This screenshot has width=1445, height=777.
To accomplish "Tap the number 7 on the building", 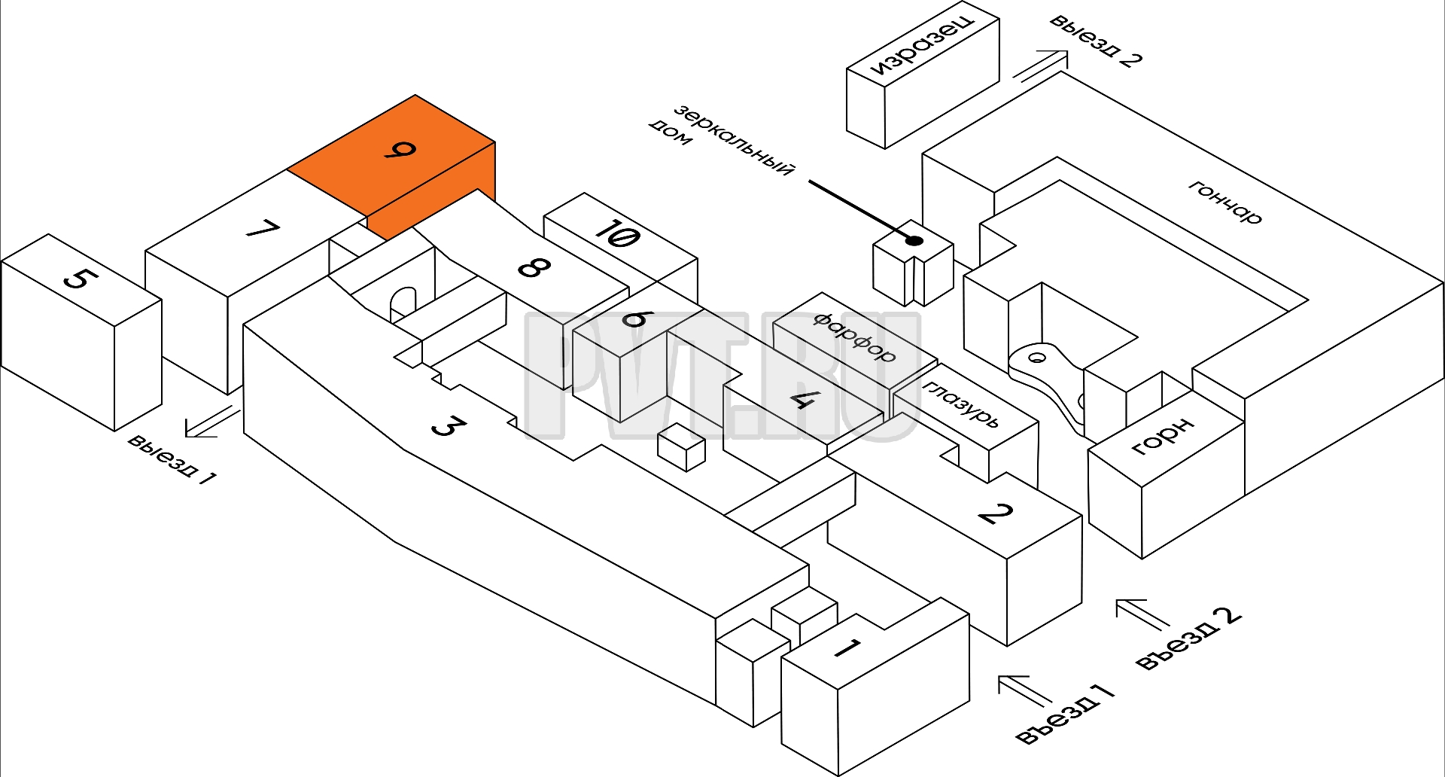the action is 263,229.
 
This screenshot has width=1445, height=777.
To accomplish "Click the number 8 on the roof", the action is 534,267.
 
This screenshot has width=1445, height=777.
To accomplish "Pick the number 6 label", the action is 634,318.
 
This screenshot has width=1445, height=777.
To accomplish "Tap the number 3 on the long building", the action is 448,427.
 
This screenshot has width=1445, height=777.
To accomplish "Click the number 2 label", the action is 995,513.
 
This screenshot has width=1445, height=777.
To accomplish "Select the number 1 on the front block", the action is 847,647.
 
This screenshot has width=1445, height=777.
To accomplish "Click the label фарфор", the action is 854,337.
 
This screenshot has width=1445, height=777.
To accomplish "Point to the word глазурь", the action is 961,404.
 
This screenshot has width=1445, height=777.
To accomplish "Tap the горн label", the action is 1163,436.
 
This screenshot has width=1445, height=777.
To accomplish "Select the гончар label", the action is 1224,202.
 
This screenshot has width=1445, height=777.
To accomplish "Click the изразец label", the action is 922,43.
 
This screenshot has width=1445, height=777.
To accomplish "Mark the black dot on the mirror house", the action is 915,241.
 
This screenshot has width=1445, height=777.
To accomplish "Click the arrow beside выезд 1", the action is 212,422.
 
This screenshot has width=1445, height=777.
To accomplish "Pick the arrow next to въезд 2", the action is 1142,614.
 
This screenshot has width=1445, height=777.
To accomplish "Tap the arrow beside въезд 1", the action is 1025,690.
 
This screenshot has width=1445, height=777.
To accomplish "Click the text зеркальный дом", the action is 721,140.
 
